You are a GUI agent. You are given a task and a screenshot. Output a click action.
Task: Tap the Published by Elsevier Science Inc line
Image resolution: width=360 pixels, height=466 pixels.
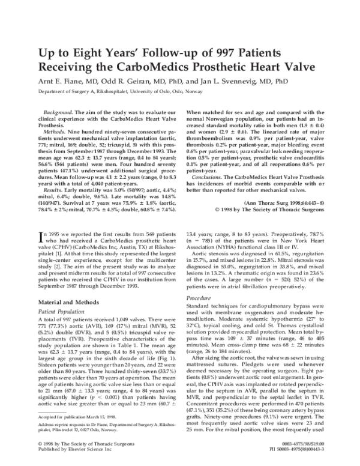point(73,459)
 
